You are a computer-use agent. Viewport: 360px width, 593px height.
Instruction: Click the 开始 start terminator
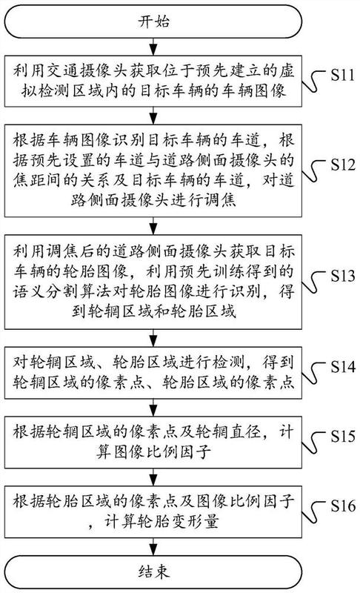point(153,21)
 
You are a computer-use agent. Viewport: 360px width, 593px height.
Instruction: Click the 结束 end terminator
point(153,572)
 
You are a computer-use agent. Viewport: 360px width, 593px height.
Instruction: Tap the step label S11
point(343,75)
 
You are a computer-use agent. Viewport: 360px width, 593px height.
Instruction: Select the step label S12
point(343,165)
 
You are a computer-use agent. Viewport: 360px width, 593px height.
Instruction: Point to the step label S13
point(343,276)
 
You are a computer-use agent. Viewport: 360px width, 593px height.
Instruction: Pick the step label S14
point(343,366)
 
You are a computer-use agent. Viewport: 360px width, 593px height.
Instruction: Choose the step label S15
point(343,436)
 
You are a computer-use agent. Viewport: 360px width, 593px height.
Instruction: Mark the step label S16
point(343,506)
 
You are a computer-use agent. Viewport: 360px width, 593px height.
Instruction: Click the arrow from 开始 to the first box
point(153,47)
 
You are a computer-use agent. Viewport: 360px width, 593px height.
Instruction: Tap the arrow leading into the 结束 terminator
point(153,546)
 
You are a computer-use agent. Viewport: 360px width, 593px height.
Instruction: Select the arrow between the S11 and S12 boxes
point(153,116)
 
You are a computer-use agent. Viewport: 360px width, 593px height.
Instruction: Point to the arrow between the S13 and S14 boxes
point(153,338)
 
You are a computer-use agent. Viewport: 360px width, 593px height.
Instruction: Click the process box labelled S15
point(153,442)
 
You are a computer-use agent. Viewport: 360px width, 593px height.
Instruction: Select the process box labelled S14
point(153,373)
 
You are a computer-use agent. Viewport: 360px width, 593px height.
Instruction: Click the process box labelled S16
point(153,512)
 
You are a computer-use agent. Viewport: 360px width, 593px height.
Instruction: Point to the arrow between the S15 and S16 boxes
point(153,477)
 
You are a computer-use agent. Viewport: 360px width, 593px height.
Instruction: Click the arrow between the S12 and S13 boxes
point(153,226)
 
